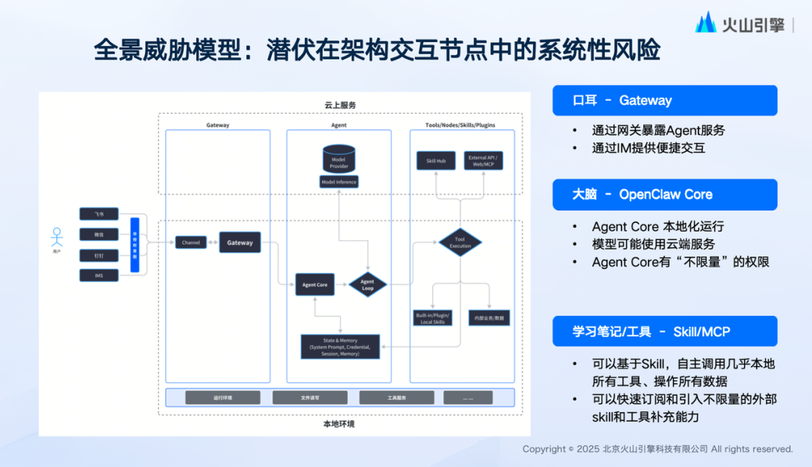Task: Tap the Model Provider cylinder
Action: point(338,160)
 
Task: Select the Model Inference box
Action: point(338,182)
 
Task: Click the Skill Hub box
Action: point(435,161)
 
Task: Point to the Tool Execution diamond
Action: point(460,242)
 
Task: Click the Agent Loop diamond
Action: point(367,285)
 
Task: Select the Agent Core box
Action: point(316,285)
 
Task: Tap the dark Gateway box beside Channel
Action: point(240,242)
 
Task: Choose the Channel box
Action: point(191,242)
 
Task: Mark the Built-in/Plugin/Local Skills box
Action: point(433,318)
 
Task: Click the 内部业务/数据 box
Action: point(489,318)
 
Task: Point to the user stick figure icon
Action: point(56,235)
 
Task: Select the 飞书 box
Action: point(98,214)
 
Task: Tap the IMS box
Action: point(98,275)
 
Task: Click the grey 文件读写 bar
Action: point(309,397)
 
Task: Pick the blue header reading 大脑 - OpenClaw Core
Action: point(664,195)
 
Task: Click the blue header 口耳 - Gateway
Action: point(664,101)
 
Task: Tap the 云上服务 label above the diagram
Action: point(340,105)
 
